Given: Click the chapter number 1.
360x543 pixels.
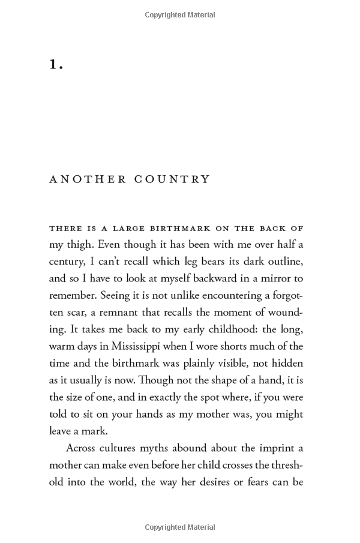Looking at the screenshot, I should (x=56, y=65).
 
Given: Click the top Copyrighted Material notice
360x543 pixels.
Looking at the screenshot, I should (x=180, y=15).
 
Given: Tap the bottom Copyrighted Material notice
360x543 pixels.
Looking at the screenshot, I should (x=180, y=527).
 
